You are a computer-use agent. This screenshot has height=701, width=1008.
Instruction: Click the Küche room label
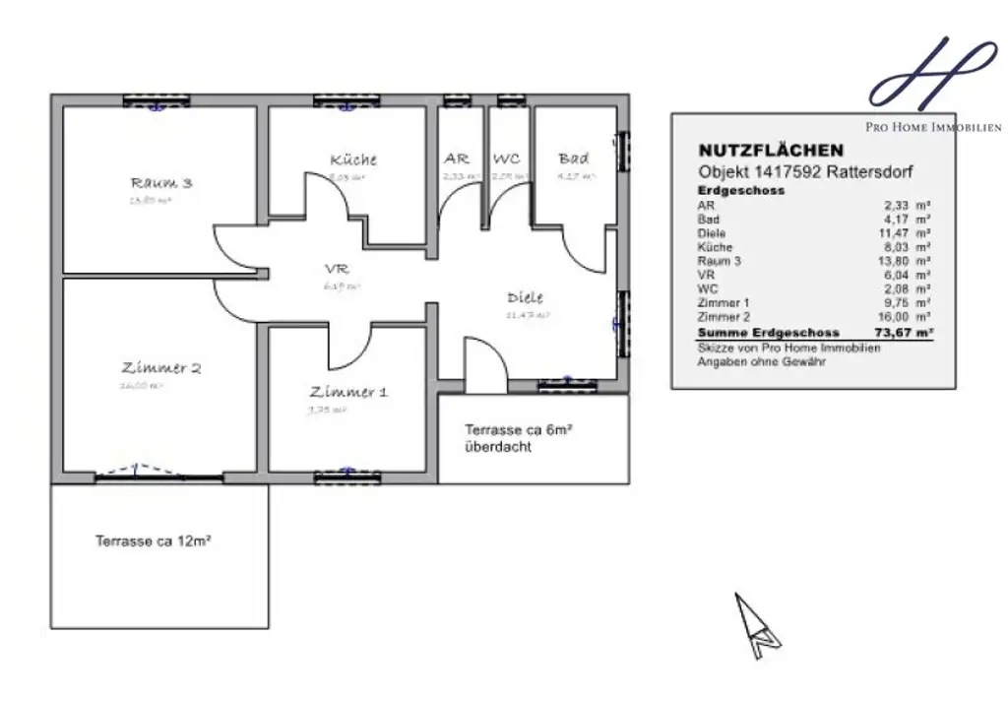coord(353,159)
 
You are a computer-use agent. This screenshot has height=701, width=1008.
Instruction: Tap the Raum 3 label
coord(160,182)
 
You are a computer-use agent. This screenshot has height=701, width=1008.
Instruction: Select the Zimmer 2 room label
coord(161,368)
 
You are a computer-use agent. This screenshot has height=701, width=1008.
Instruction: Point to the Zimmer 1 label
coord(347,391)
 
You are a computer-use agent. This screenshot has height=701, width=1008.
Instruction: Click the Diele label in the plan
coord(525,297)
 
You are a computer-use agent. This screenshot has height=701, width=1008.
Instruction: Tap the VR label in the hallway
coord(337,269)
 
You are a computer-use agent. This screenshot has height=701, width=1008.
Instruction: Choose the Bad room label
coord(573,159)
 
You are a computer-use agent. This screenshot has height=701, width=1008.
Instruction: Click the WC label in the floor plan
coord(506,159)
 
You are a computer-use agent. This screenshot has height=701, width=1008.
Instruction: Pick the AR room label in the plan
coord(457,159)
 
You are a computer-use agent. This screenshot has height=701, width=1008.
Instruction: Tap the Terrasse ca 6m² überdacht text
coord(519,438)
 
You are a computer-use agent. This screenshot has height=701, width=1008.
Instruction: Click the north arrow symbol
coord(755,625)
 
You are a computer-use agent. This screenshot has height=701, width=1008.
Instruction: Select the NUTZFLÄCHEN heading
coord(771,151)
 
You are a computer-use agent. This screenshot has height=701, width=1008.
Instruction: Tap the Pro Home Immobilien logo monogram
coord(929,74)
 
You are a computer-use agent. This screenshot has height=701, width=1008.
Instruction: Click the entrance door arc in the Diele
coord(486,359)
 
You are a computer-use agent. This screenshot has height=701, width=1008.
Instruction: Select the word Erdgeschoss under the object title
coord(740,191)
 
